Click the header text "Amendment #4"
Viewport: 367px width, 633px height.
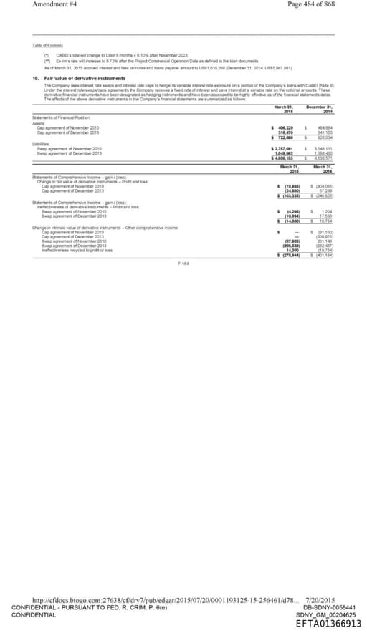tap(55, 4)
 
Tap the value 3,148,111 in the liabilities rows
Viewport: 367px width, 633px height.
tap(320, 148)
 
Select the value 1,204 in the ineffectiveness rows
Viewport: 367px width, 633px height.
tap(326, 211)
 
